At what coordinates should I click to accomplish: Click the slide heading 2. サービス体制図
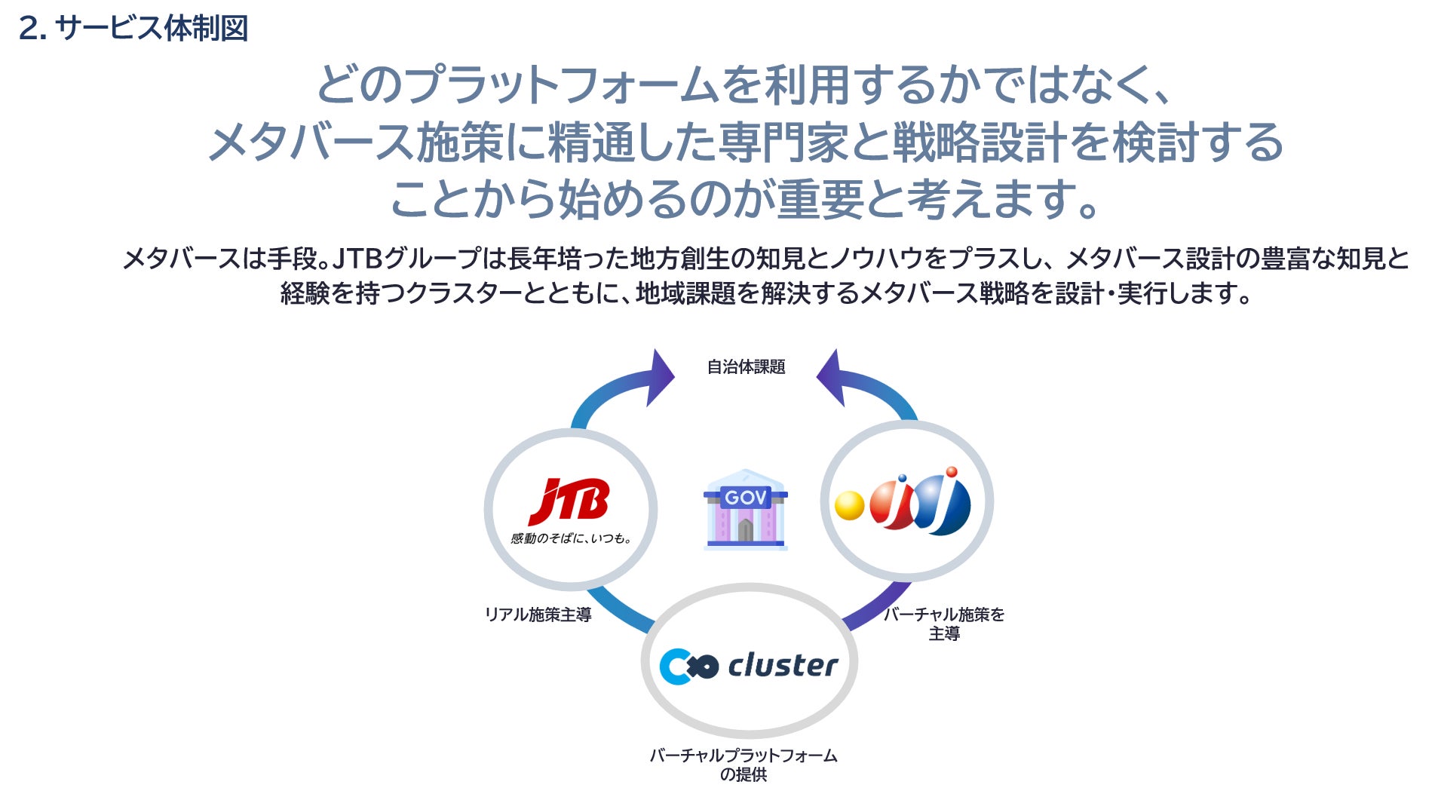[133, 29]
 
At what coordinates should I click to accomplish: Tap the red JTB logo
[570, 501]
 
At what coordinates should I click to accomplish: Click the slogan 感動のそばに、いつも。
[571, 538]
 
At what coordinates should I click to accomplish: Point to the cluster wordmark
[782, 665]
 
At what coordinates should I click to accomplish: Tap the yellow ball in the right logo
[849, 505]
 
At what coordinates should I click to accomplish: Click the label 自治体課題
[746, 367]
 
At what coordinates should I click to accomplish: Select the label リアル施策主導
[538, 615]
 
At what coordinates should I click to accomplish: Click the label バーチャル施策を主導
[944, 624]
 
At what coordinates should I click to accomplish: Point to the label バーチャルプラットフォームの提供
[744, 764]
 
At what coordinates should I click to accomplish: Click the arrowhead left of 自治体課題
[659, 376]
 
